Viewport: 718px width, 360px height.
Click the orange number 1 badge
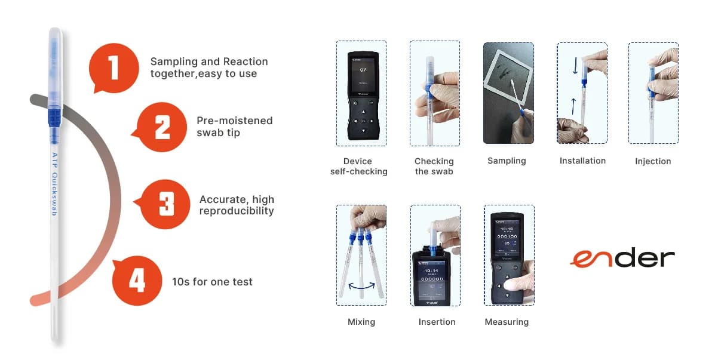(x=113, y=68)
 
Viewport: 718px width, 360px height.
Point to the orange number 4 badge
(x=137, y=280)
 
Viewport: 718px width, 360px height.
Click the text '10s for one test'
(x=212, y=282)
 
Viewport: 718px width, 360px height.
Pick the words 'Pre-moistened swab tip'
(x=234, y=127)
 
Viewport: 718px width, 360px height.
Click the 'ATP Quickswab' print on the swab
(x=54, y=183)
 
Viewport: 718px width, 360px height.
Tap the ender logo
(x=622, y=259)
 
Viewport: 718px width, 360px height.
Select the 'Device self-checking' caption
(x=358, y=167)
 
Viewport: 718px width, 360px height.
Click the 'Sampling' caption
(x=507, y=161)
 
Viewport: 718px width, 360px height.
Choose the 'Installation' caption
(x=582, y=161)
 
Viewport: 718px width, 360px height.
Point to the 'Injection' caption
(x=653, y=161)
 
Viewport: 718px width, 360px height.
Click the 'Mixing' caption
(x=361, y=322)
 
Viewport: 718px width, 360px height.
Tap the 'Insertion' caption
(x=437, y=322)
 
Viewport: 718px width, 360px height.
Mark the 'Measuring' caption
(x=507, y=322)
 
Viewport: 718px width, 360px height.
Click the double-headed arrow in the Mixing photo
(x=361, y=288)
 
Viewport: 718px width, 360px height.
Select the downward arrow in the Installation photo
(x=575, y=66)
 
